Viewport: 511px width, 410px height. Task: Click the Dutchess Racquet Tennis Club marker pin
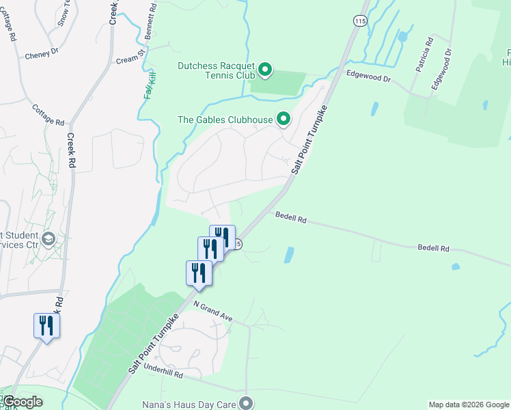[x=266, y=69]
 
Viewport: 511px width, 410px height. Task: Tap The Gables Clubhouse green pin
[x=284, y=120]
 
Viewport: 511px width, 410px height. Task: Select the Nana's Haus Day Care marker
[x=247, y=403]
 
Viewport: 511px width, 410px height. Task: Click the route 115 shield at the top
[x=359, y=21]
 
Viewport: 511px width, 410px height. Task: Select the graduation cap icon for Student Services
[x=48, y=239]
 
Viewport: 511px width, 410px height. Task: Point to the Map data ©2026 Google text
[x=468, y=405]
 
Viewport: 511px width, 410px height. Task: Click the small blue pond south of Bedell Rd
[x=289, y=254]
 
